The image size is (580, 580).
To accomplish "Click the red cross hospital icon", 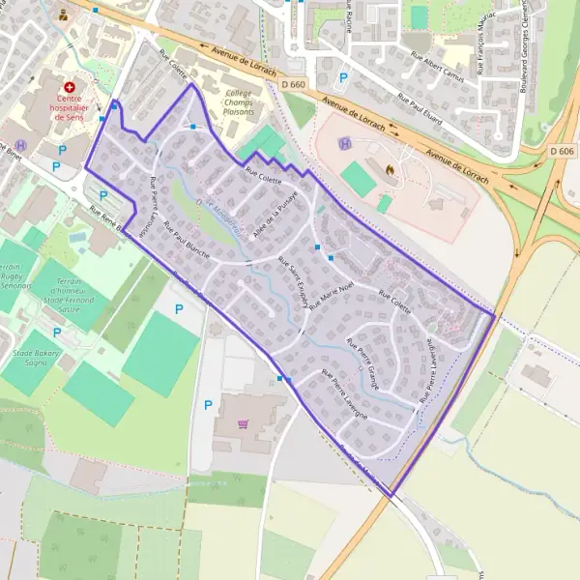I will click(x=68, y=87).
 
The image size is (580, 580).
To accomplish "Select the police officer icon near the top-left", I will click(x=64, y=15).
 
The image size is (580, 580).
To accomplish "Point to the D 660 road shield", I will click(x=296, y=86).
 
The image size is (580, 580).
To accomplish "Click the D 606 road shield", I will click(x=561, y=152).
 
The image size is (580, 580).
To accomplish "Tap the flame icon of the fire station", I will click(x=390, y=169).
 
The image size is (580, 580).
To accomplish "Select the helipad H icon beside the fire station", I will click(x=344, y=144).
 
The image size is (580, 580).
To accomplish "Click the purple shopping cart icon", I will click(x=243, y=422).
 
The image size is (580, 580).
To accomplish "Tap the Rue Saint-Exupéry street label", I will click(x=292, y=282).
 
